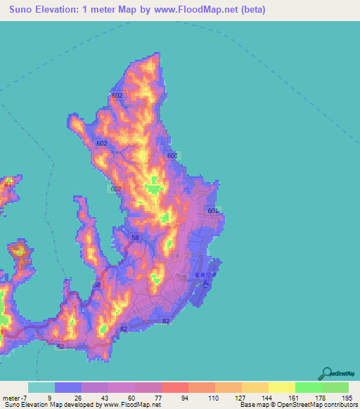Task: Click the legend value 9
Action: (49, 398)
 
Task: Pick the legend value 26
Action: (77, 398)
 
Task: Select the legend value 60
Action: (132, 398)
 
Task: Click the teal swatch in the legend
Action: (41, 387)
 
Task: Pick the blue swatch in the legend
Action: (68, 387)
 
